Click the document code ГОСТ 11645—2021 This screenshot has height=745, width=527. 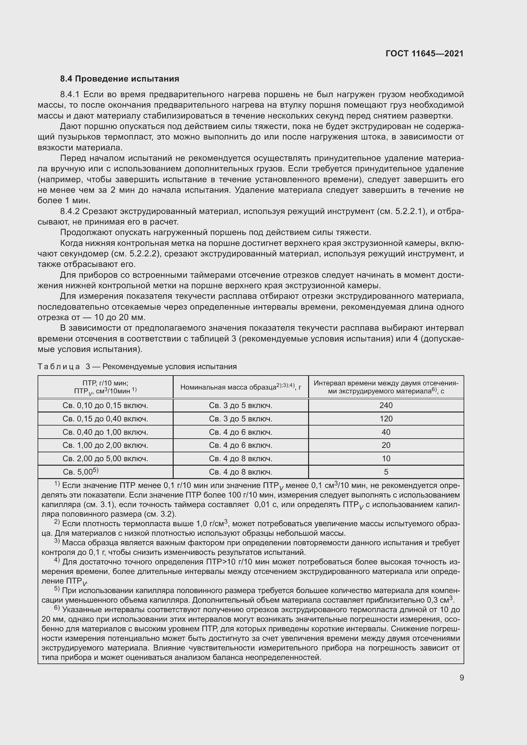pos(424,54)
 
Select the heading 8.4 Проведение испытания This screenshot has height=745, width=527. pos(119,79)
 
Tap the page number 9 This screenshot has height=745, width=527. pos(461,677)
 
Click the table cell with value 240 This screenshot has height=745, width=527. pos(386,405)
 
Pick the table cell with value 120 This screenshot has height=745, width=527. pos(386,419)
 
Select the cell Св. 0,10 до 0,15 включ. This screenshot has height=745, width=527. pos(105,405)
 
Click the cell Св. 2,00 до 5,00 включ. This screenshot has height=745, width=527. pos(105,458)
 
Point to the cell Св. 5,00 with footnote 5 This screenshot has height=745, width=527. pos(81,472)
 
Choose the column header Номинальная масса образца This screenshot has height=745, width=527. pos(241,387)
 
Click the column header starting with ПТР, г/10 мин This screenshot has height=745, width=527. pos(105,387)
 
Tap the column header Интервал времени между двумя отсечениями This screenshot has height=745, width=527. pos(386,387)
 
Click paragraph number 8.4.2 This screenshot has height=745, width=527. pos(70,211)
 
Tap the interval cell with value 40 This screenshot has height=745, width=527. pos(386,432)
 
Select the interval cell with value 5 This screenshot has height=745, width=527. pos(386,472)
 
